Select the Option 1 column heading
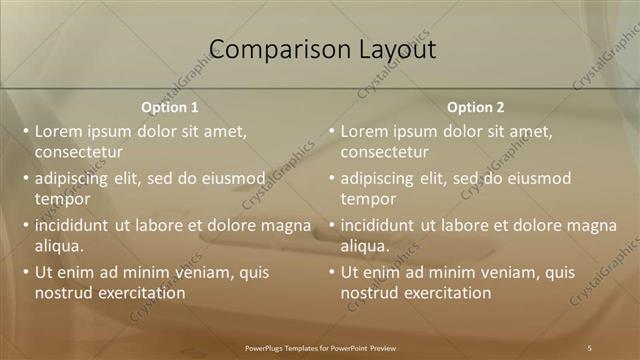tap(170, 107)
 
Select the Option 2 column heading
tap(476, 107)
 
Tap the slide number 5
tap(590, 347)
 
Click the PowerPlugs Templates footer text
tap(320, 347)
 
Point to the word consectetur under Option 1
tap(79, 152)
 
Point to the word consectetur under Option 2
tap(385, 152)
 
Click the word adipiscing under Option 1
tap(72, 179)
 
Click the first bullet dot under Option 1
tap(25, 131)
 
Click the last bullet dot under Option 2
tap(331, 272)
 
